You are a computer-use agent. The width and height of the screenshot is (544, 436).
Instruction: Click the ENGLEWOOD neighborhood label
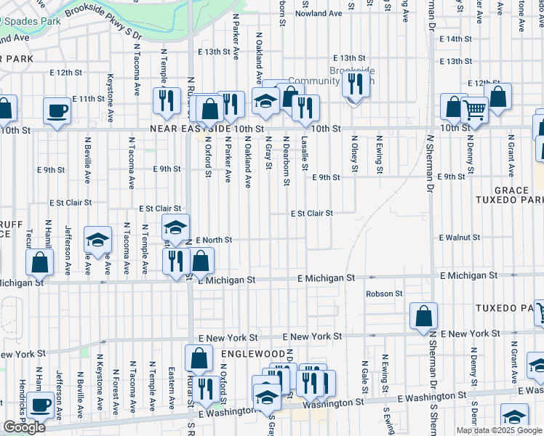(x=252, y=353)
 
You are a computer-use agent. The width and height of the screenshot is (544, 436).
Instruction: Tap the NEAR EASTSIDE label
(x=191, y=129)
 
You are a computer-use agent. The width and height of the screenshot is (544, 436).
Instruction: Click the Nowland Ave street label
(x=319, y=13)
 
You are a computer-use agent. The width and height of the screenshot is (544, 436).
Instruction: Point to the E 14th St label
(x=455, y=39)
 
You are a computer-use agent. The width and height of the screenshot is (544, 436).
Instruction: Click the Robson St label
(x=384, y=294)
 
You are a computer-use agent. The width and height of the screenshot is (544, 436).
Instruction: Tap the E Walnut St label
(x=460, y=238)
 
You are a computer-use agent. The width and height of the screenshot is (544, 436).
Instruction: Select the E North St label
(x=214, y=240)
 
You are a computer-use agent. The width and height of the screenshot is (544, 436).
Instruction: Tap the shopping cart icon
(x=474, y=110)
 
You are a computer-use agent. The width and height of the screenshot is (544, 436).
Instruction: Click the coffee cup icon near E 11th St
(x=57, y=110)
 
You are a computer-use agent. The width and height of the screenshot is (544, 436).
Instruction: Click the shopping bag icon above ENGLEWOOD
(x=199, y=358)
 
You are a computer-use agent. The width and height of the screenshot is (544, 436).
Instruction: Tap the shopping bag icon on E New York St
(x=423, y=316)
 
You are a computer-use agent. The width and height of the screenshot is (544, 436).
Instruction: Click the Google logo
(x=24, y=427)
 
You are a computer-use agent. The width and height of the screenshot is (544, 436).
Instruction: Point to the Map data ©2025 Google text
(x=499, y=430)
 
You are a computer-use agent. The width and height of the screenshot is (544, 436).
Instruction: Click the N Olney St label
(x=354, y=154)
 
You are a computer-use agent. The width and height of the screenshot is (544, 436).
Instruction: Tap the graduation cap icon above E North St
(x=175, y=227)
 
